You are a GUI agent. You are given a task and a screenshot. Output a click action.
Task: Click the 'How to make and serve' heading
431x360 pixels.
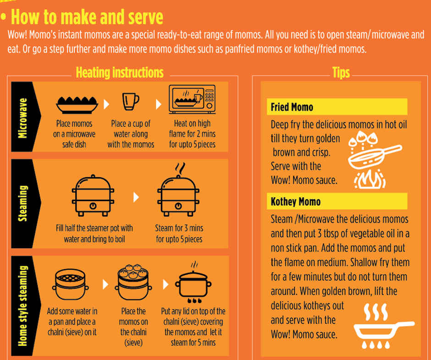[x=87, y=17]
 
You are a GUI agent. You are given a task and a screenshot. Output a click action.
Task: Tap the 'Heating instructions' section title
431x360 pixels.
[x=120, y=72]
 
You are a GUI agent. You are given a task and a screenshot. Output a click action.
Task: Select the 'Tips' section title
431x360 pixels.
[x=341, y=73]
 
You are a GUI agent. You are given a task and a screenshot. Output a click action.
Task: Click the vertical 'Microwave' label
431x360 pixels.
[x=22, y=118]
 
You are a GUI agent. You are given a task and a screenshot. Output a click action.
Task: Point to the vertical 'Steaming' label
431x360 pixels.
[x=22, y=203]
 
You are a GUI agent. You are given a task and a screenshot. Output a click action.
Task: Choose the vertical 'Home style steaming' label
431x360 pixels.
[x=22, y=306]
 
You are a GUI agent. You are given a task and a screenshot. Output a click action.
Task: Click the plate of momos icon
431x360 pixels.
[x=77, y=105]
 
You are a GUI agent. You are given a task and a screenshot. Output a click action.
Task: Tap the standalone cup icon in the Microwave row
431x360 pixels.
[x=131, y=102]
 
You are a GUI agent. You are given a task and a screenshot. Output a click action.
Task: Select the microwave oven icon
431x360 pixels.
[x=192, y=99]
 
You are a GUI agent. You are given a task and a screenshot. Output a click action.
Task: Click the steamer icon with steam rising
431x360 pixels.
[x=178, y=192]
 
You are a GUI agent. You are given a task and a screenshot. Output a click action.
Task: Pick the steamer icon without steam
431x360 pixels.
[x=93, y=196]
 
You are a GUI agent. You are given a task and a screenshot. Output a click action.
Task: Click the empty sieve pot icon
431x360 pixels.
[x=70, y=284]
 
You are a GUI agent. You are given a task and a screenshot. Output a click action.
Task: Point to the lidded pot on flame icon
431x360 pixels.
[x=193, y=284]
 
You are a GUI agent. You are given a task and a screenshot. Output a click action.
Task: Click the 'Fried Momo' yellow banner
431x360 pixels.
[x=337, y=107]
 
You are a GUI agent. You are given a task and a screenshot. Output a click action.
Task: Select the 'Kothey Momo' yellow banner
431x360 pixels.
[x=337, y=201]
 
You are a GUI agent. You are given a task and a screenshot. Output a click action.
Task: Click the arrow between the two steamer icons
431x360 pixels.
[x=136, y=197]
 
